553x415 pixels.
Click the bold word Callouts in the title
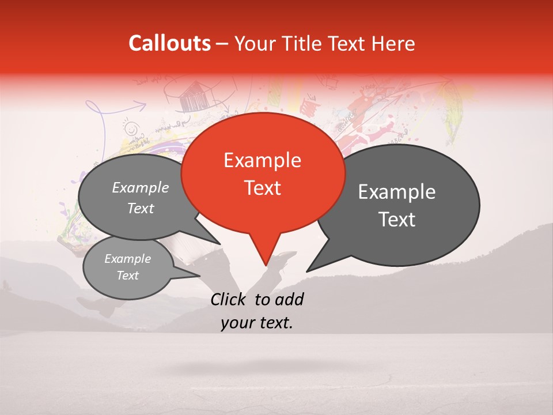pyautogui.click(x=169, y=43)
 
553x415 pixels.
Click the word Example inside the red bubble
pyautogui.click(x=262, y=161)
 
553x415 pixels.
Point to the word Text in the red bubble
pyautogui.click(x=262, y=188)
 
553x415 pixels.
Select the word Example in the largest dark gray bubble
pyautogui.click(x=397, y=192)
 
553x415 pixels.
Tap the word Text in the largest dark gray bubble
pyautogui.click(x=397, y=220)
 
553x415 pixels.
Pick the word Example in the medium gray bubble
pyautogui.click(x=140, y=188)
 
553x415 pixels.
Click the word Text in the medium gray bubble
pyautogui.click(x=140, y=209)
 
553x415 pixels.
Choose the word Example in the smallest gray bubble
pyautogui.click(x=127, y=259)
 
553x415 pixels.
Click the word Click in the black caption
pyautogui.click(x=229, y=300)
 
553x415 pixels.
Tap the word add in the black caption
pyautogui.click(x=289, y=300)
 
